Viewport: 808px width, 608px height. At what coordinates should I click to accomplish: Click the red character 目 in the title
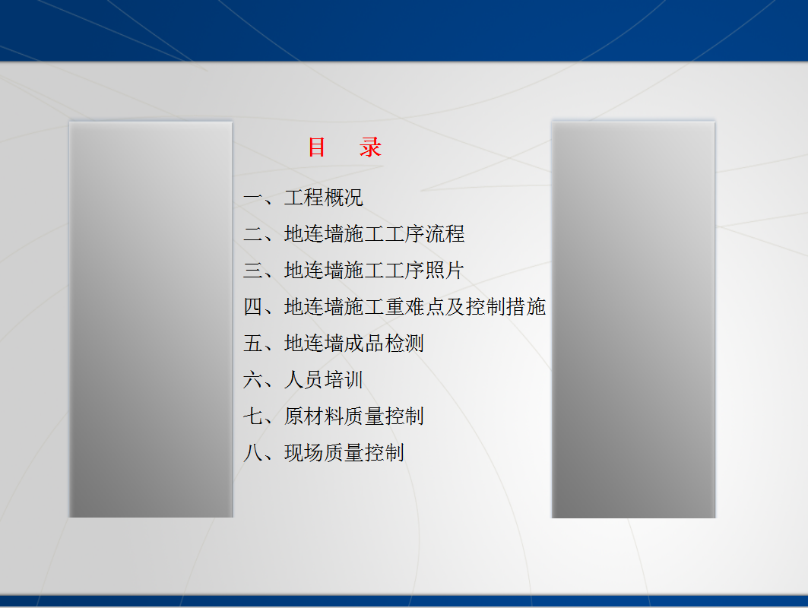tap(316, 147)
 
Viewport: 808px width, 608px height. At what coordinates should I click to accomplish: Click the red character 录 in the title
tap(370, 147)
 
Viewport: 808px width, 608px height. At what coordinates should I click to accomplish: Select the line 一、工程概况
tap(303, 198)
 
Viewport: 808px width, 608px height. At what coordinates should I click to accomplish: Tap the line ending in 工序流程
tap(354, 234)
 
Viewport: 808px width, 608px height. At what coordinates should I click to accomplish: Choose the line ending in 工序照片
tap(354, 271)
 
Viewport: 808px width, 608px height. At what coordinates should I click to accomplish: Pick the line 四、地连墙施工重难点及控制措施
tap(394, 307)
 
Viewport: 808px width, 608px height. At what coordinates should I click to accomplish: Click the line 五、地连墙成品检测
tap(334, 344)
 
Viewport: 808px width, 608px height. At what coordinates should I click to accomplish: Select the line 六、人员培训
tap(303, 380)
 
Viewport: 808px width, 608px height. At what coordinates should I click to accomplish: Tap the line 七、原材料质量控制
tap(334, 416)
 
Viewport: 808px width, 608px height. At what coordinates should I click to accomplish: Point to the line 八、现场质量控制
tap(324, 453)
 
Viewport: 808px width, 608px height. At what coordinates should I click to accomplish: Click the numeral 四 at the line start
tap(253, 307)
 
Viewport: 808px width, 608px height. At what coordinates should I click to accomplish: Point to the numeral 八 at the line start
tap(253, 453)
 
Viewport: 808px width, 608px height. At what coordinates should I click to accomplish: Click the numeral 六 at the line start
tap(253, 380)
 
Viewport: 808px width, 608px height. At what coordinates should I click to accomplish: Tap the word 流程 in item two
tap(445, 234)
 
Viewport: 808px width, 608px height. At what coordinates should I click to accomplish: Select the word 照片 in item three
tap(445, 271)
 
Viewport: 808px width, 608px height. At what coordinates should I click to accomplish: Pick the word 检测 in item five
tap(404, 344)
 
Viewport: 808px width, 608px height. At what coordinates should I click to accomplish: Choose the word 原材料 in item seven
tap(314, 416)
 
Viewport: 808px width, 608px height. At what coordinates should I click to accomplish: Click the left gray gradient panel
tap(151, 319)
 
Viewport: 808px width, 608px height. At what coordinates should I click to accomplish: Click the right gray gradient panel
tap(633, 319)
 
